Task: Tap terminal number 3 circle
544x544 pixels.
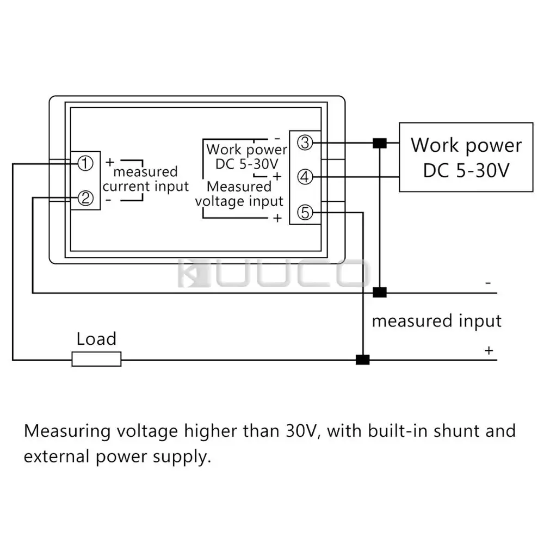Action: tap(306, 143)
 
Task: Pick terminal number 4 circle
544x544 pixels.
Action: tap(306, 177)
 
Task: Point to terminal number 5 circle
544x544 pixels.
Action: tap(306, 213)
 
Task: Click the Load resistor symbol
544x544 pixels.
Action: tap(96, 359)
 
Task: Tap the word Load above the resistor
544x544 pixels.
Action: tap(96, 339)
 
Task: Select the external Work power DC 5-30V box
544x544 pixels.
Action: tap(466, 157)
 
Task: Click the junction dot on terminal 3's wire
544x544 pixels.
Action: tap(379, 144)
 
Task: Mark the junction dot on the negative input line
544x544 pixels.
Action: tap(379, 293)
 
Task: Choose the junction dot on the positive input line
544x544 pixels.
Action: tap(362, 359)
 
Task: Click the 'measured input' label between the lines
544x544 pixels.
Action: tap(436, 321)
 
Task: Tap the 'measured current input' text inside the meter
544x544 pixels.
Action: tap(145, 180)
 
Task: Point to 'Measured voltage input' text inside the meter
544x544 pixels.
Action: tap(239, 194)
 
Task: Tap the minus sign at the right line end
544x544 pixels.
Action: tap(488, 283)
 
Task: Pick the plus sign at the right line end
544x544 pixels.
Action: tap(489, 351)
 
